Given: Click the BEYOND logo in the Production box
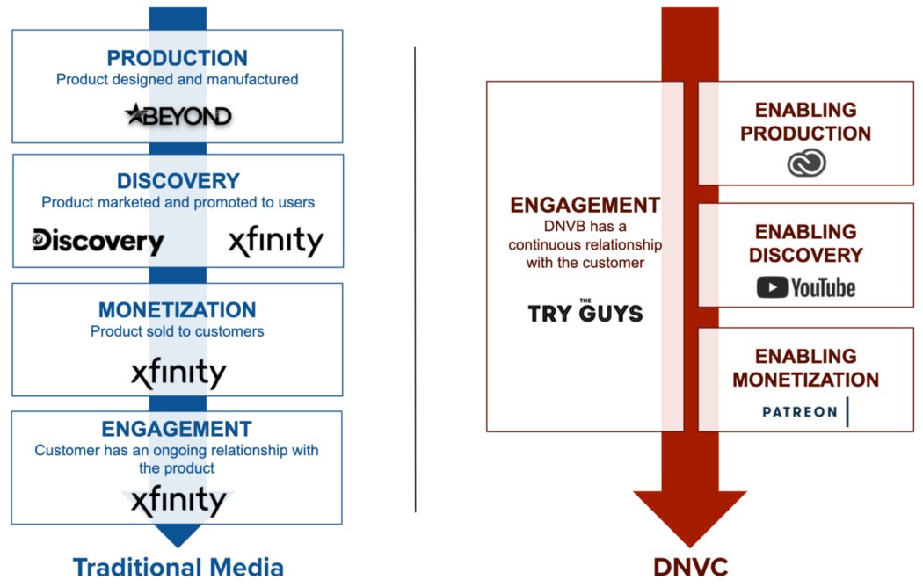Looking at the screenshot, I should (178, 115).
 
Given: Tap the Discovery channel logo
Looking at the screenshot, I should (98, 241).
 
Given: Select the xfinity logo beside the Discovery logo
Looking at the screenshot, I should (276, 241).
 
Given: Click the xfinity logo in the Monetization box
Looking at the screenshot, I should (178, 373).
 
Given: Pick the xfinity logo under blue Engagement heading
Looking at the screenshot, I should (178, 502).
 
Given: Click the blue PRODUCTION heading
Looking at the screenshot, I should (178, 58).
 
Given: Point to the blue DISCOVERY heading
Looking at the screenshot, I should (178, 181).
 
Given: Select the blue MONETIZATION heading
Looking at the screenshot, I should (178, 309).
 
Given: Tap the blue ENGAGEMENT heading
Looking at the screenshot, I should (177, 429).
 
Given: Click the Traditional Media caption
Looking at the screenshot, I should (178, 567).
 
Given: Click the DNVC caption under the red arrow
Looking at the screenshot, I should (691, 568).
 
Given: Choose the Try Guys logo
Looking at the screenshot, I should (585, 311).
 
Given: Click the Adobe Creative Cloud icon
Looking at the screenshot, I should (805, 163).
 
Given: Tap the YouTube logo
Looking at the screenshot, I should (805, 287).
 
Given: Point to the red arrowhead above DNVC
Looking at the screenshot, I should (690, 518).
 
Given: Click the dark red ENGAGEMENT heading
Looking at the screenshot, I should (585, 206).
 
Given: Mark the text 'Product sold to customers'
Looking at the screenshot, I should (178, 331).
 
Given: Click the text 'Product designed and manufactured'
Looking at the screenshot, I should (178, 79).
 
